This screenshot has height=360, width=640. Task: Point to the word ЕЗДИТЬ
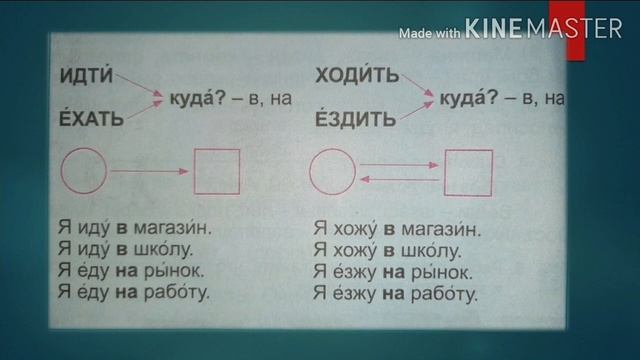[x=356, y=121]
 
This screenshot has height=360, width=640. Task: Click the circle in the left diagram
[x=84, y=171]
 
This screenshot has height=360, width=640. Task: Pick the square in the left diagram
[x=216, y=171]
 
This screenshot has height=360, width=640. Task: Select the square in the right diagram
[x=468, y=172]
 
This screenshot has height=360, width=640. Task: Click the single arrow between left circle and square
[x=149, y=172]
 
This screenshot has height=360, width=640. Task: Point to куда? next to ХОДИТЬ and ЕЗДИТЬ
[x=467, y=99]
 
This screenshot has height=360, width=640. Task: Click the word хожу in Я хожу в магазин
[x=355, y=228]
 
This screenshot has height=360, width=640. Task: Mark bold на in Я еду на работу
[x=125, y=293]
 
